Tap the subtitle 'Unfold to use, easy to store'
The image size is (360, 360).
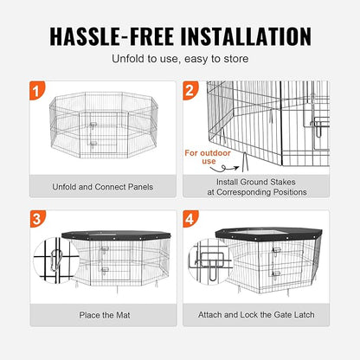tap(180, 60)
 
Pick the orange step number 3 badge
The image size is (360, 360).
tap(34, 220)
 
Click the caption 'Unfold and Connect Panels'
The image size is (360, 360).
tap(103, 186)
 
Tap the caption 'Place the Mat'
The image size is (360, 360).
tap(103, 314)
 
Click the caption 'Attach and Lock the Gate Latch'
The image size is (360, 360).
tap(260, 314)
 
